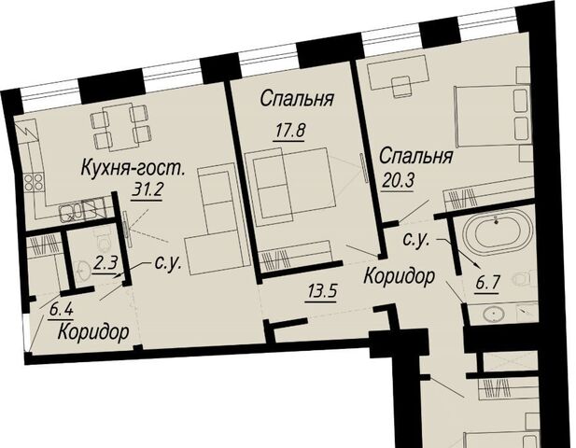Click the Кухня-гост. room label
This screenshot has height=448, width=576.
[133, 168]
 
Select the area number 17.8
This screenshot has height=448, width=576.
[289, 131]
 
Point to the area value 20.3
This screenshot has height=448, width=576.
[399, 180]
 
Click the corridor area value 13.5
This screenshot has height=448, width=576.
[321, 292]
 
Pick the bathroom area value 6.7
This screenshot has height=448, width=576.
[486, 283]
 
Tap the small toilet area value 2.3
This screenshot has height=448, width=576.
[105, 263]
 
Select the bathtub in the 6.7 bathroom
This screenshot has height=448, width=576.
[497, 231]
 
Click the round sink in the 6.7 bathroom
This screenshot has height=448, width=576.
[495, 315]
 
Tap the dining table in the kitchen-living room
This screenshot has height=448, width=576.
[117, 127]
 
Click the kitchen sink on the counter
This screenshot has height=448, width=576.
[71, 212]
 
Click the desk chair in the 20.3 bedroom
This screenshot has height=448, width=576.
[400, 87]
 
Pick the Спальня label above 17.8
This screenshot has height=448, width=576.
[297, 99]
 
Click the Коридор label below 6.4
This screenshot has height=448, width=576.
[93, 332]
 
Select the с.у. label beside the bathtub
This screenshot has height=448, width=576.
[415, 239]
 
